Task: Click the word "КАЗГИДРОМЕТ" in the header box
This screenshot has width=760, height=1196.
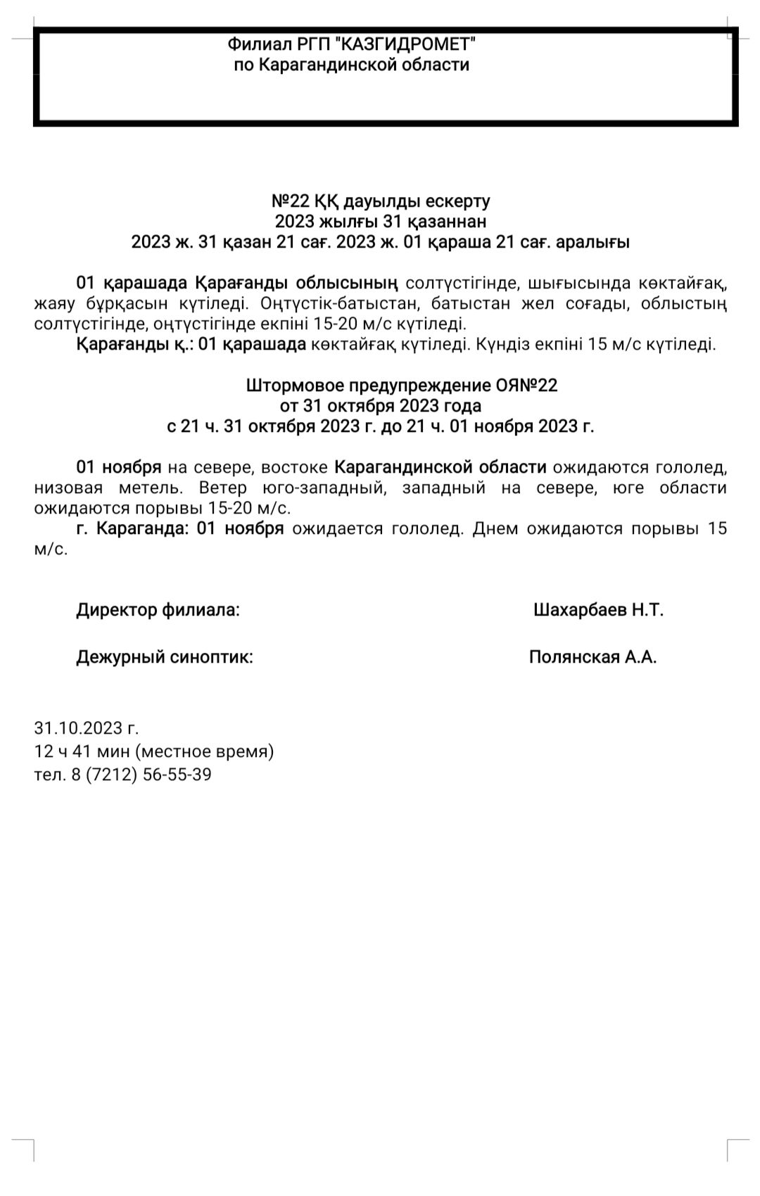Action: click(x=407, y=45)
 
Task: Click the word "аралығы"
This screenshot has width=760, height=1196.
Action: click(x=593, y=243)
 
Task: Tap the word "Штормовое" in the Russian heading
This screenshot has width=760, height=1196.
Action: click(x=289, y=386)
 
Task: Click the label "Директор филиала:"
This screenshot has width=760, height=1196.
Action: click(x=158, y=610)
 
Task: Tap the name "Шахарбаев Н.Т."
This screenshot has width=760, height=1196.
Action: click(x=598, y=610)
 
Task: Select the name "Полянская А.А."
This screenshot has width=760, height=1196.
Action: click(x=593, y=657)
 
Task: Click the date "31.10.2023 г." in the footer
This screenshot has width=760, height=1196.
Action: click(x=87, y=728)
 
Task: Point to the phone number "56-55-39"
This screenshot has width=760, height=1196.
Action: click(x=177, y=775)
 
